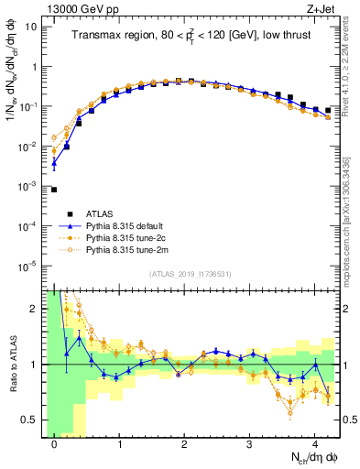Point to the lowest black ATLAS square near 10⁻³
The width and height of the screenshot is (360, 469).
point(54,190)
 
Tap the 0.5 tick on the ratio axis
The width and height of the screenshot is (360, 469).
point(29,420)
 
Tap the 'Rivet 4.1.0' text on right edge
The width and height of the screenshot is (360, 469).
point(352,69)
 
